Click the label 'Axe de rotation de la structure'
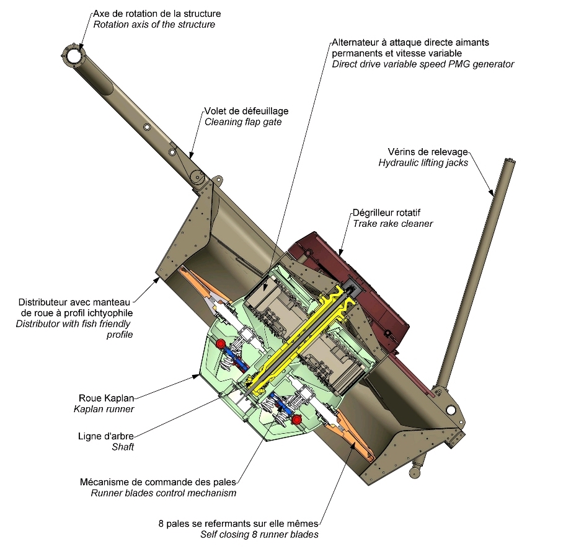(157, 13)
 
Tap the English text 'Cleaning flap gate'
(243, 122)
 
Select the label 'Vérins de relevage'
(427, 152)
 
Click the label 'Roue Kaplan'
(107, 398)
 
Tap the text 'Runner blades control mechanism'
(164, 493)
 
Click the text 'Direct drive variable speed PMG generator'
(423, 64)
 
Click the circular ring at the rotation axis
(74, 55)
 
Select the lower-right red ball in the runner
(297, 420)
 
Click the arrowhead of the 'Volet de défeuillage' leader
(190, 156)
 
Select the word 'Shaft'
(123, 446)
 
